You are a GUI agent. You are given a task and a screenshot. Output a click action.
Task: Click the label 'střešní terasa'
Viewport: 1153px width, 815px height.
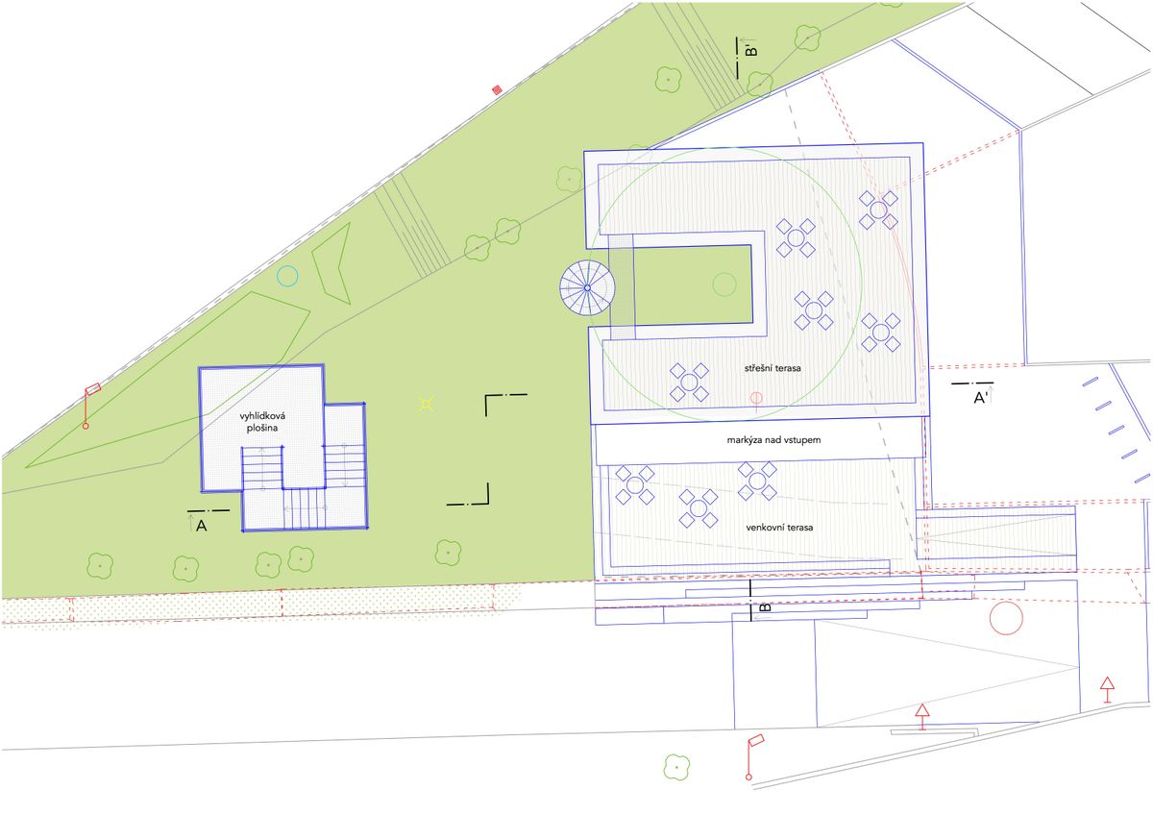pos(773,368)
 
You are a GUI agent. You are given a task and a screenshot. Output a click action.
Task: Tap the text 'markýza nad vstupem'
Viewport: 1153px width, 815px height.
pos(773,440)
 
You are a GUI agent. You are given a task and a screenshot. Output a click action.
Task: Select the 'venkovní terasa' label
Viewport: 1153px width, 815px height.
pos(779,528)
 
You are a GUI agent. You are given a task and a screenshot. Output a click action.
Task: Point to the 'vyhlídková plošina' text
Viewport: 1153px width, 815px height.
pos(262,422)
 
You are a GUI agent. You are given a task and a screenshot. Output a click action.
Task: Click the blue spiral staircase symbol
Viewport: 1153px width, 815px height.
pos(587,287)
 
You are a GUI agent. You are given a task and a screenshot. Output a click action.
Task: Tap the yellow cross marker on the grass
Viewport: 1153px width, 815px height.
pos(427,405)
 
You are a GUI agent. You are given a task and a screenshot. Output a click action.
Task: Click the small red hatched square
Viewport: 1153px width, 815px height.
pos(497,90)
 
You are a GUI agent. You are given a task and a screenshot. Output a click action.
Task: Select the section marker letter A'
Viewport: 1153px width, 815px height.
pos(980,398)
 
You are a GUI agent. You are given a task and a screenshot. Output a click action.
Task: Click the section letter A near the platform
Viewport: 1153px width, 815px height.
pos(201,526)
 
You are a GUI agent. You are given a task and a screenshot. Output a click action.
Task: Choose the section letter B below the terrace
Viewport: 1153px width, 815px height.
pos(766,607)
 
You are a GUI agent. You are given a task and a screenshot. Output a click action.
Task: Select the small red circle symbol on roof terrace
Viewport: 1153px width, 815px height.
pos(755,398)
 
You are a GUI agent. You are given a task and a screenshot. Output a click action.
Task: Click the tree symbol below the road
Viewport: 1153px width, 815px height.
pos(676,767)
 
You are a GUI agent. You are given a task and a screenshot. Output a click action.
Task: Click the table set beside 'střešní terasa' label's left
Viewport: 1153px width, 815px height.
pos(689,383)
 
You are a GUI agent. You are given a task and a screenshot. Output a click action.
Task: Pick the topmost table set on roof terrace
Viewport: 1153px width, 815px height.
pos(878,210)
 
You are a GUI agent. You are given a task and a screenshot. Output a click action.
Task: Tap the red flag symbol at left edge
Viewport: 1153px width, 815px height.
pos(89,406)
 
